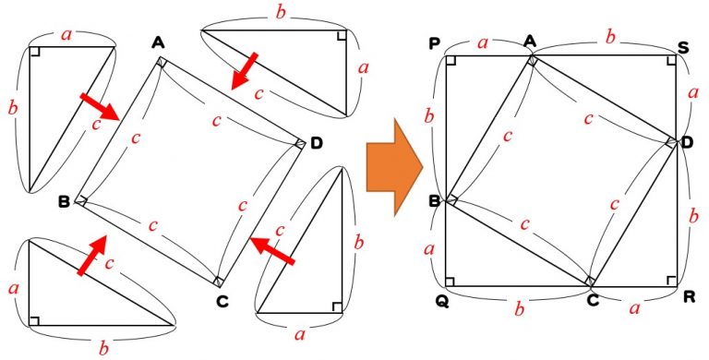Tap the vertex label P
(x=434, y=44)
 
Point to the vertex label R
(x=688, y=298)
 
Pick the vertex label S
(x=684, y=47)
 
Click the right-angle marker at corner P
(x=451, y=61)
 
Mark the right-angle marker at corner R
(x=671, y=282)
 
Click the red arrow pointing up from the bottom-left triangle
(x=92, y=255)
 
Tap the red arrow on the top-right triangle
(x=244, y=70)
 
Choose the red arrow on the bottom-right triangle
(x=272, y=251)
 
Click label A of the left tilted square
(x=158, y=43)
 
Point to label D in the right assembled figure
(x=687, y=143)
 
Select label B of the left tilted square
(x=65, y=202)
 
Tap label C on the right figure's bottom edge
(x=593, y=299)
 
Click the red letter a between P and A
(x=483, y=43)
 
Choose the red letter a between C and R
(x=635, y=308)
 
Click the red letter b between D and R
(x=693, y=217)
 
